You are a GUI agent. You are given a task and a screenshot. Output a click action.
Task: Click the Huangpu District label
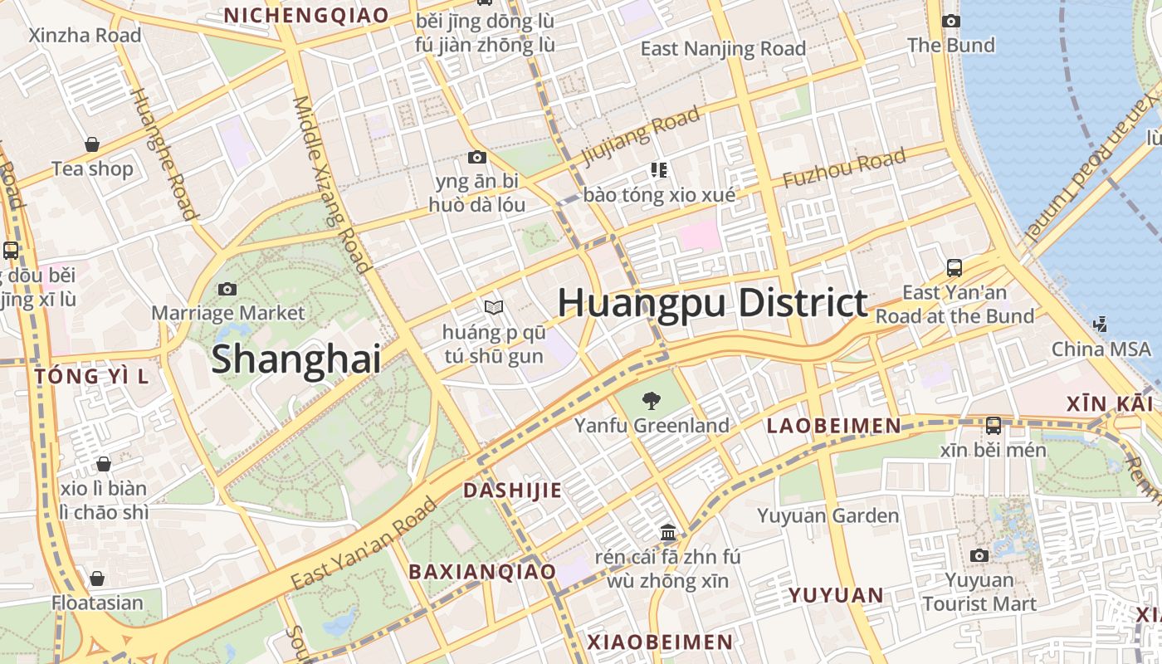(x=712, y=302)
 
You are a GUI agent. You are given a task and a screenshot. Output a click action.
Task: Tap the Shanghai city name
(x=295, y=359)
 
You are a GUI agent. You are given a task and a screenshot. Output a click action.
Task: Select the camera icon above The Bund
(x=951, y=21)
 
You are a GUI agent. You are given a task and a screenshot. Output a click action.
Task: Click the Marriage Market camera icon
(x=227, y=289)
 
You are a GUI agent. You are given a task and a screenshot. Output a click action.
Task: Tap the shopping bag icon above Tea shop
(x=92, y=144)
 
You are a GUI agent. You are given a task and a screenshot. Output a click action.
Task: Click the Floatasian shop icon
(x=97, y=579)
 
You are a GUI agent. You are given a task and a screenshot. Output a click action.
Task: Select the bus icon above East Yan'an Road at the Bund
(x=954, y=267)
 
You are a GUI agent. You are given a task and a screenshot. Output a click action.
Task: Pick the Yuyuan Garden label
(x=828, y=515)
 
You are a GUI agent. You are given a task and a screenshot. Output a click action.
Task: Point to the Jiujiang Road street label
(x=641, y=136)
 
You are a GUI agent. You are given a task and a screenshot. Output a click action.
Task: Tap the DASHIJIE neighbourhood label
(x=512, y=490)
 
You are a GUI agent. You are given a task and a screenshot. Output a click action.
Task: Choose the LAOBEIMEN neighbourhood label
(x=833, y=426)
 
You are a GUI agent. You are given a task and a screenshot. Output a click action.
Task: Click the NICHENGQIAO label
(x=306, y=15)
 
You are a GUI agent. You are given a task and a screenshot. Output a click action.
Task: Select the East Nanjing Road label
(x=723, y=49)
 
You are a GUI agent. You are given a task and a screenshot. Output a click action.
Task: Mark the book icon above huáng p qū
(x=494, y=308)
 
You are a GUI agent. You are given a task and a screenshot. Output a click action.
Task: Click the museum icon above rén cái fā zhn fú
(x=667, y=532)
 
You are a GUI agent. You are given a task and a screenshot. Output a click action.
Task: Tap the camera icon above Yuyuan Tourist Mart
(x=979, y=555)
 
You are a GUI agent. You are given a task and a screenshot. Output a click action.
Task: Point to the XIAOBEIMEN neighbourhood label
(x=660, y=642)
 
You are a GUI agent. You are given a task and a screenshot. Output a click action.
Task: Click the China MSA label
(x=1101, y=349)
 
